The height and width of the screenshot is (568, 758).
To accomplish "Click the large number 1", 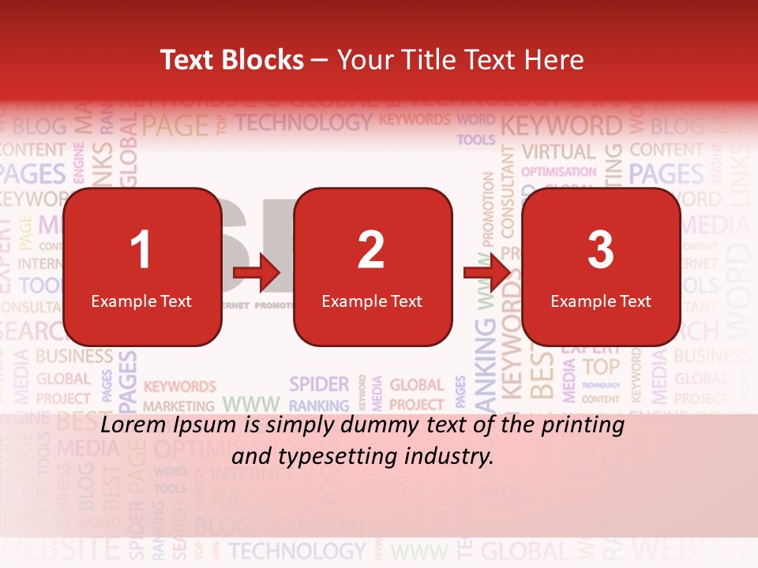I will click(x=141, y=250).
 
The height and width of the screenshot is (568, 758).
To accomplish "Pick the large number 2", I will click(x=371, y=250).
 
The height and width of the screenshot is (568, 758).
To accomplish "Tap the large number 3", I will click(x=601, y=250).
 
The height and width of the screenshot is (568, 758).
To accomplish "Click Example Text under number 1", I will click(x=141, y=301).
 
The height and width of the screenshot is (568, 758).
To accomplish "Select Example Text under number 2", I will click(x=372, y=301).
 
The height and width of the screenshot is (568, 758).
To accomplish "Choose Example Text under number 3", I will click(x=601, y=301).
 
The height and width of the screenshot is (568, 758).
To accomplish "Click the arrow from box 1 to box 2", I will click(x=257, y=274).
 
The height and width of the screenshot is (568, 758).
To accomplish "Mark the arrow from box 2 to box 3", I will click(x=487, y=272).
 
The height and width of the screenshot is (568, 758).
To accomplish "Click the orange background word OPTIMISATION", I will click(x=559, y=171).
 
